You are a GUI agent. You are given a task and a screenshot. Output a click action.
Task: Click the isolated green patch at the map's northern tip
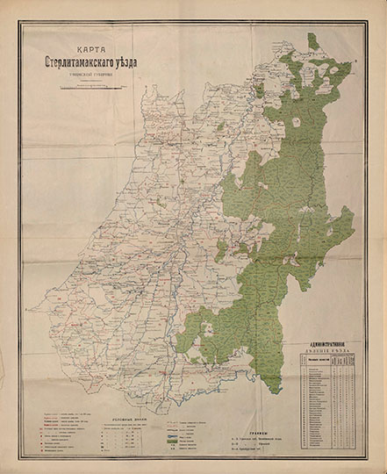[x=312, y=41]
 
